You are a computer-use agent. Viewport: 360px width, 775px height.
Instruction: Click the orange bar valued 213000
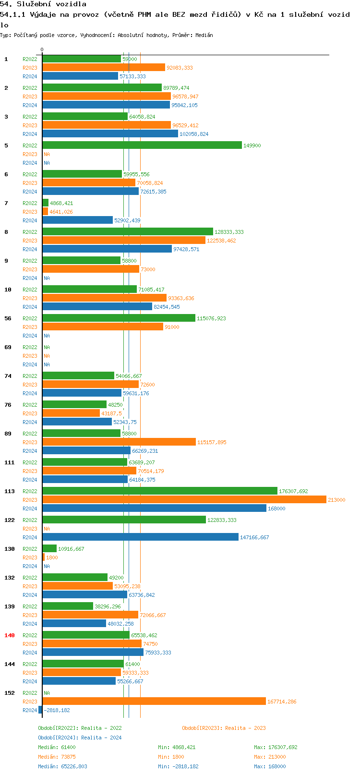[184, 499]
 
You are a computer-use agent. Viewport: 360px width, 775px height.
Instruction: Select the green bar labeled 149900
[142, 145]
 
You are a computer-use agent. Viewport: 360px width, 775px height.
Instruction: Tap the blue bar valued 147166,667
[141, 537]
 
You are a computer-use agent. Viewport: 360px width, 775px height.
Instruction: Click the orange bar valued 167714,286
[154, 701]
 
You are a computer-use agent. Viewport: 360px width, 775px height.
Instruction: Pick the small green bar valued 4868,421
[46, 203]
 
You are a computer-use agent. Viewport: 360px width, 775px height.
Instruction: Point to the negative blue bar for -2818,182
[40, 710]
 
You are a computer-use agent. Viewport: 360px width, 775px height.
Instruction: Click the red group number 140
[10, 635]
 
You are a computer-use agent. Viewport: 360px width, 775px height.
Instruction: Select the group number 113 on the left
[10, 491]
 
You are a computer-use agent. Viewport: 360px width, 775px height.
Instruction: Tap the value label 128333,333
[229, 232]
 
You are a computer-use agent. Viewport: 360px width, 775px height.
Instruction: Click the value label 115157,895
[212, 442]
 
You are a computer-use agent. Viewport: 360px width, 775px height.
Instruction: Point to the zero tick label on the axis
[42, 49]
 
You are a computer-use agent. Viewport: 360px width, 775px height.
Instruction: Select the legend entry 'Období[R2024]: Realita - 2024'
[80, 738]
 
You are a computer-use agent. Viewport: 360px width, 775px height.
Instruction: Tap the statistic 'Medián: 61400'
[57, 747]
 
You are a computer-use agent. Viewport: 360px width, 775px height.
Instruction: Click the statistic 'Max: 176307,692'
[276, 747]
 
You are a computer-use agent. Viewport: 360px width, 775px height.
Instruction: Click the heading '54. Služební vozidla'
[43, 4]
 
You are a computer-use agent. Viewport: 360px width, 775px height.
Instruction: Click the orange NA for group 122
[47, 529]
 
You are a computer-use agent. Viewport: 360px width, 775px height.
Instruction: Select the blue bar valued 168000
[154, 508]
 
